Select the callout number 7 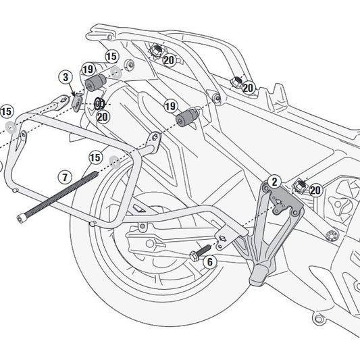tap(65, 178)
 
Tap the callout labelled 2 tap(274, 181)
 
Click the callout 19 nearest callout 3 tap(88, 69)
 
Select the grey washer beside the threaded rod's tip tap(114, 162)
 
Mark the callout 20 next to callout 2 tap(315, 191)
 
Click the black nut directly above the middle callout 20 tap(99, 103)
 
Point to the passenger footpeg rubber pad tap(259, 276)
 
